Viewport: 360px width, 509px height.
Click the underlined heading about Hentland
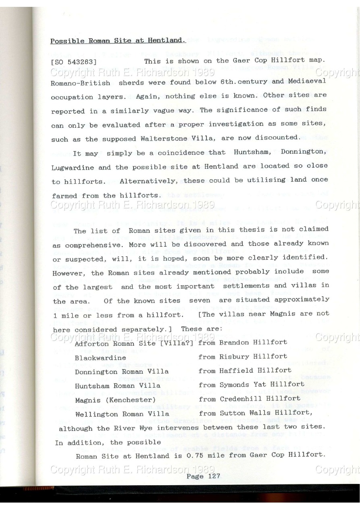tap(118, 41)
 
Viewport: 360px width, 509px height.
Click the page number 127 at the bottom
tap(212, 476)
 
